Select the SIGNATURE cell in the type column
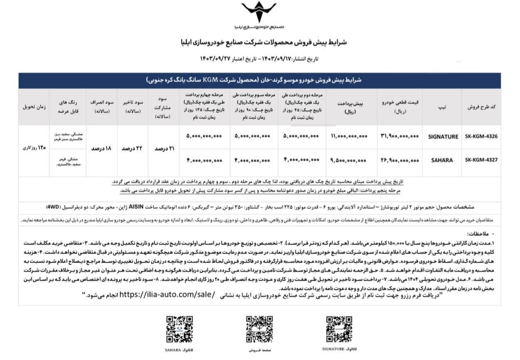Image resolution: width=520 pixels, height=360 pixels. click(x=443, y=137)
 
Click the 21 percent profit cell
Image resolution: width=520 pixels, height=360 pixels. click(x=163, y=149)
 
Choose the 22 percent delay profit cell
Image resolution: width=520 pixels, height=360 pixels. click(x=132, y=149)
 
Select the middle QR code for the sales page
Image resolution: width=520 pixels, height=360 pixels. click(x=259, y=329)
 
